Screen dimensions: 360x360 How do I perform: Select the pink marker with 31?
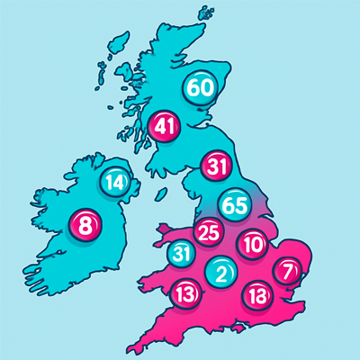(x=217, y=166)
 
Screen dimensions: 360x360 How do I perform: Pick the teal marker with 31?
(x=182, y=254)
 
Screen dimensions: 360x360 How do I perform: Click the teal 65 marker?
(x=235, y=203)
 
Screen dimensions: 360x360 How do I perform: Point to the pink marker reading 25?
(x=210, y=233)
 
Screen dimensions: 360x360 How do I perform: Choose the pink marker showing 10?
(x=253, y=243)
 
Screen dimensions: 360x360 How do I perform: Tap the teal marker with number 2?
(x=221, y=272)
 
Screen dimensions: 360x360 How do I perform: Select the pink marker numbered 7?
(x=287, y=271)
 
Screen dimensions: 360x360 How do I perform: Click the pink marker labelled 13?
(x=186, y=292)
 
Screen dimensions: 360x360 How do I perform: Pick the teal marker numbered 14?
(x=114, y=183)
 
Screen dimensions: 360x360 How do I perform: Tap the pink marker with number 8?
(x=85, y=225)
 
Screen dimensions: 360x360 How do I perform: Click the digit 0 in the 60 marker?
(x=207, y=87)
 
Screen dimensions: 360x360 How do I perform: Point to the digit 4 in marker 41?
(x=160, y=126)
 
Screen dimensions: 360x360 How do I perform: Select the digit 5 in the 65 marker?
(x=241, y=203)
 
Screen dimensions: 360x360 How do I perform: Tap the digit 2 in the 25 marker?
(x=204, y=233)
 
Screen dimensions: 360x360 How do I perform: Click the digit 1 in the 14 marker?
(x=109, y=183)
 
